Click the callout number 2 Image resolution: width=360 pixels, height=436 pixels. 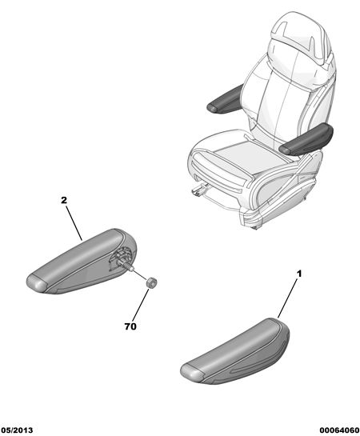tap(64, 200)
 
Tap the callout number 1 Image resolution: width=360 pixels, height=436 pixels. tap(299, 274)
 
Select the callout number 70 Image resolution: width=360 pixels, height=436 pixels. tap(130, 326)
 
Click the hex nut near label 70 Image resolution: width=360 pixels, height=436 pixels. tap(151, 282)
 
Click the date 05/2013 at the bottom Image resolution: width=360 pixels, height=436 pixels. tap(17, 430)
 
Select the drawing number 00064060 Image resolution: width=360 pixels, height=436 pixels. tap(339, 430)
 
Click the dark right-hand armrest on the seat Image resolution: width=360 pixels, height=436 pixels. tap(306, 140)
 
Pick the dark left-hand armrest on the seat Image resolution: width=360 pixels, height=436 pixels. tap(224, 99)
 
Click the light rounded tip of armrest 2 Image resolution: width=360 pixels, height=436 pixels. tap(37, 282)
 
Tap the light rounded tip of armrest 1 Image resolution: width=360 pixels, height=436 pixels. tap(191, 371)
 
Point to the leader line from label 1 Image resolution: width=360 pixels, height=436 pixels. tap(288, 298)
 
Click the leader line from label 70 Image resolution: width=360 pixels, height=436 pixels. tap(141, 306)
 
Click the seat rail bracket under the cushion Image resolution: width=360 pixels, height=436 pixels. tap(199, 189)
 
